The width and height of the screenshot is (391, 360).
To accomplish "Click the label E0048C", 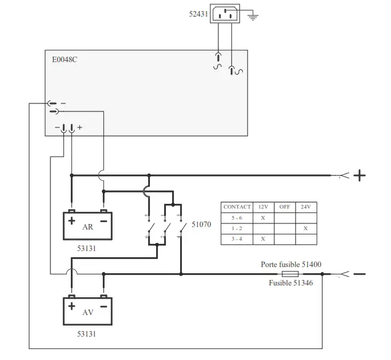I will [65, 60].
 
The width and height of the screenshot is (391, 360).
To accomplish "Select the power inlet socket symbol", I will [225, 14].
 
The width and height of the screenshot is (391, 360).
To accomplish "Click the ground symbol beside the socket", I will [252, 16].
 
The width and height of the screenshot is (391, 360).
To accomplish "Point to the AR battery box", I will [89, 226].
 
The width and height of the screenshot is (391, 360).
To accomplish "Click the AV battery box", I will [89, 311].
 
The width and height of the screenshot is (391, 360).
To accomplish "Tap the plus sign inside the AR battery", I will [72, 220].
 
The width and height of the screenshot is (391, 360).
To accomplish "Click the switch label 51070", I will [201, 225].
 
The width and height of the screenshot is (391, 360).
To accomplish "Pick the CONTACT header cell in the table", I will [237, 207].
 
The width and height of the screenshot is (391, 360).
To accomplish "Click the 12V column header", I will [263, 207].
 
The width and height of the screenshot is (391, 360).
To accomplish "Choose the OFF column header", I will [285, 207].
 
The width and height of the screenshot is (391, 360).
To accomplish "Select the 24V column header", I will [306, 207].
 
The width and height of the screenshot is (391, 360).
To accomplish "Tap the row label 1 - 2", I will [237, 228].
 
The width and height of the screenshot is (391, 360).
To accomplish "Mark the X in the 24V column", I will [306, 228].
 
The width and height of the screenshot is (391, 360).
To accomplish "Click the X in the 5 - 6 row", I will [263, 217].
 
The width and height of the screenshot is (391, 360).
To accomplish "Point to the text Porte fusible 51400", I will [291, 264].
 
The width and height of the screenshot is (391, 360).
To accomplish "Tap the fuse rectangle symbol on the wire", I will [290, 273].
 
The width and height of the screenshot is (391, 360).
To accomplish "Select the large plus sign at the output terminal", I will [359, 175].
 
